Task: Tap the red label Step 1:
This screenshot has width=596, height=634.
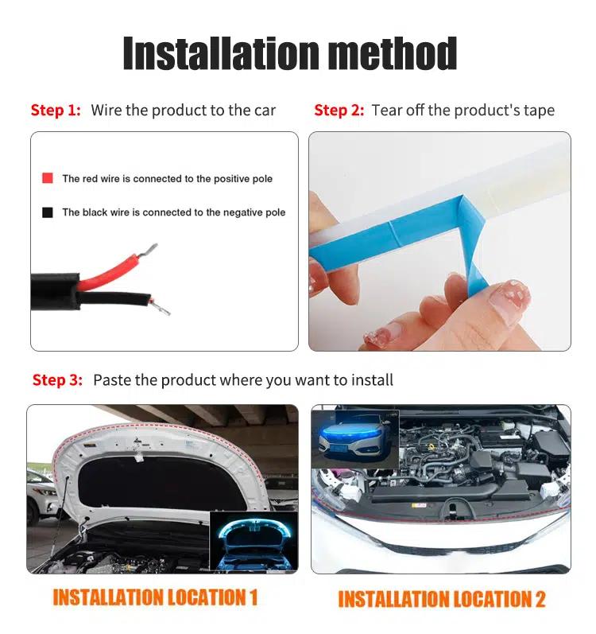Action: coord(56,110)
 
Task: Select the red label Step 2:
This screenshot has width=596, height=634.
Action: coord(339,110)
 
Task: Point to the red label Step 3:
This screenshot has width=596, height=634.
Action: coord(57,379)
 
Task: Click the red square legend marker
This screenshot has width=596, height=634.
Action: coord(48,178)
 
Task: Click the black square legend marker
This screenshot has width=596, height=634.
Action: coord(48,212)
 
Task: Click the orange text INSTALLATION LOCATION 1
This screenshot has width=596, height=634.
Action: coord(155,597)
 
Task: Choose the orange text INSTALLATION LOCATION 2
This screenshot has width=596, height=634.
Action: coord(442,598)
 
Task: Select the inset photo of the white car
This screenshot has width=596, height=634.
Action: coord(355,437)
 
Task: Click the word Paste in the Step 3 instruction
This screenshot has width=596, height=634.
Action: coord(110,379)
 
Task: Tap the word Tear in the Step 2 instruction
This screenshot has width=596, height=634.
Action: coord(386,110)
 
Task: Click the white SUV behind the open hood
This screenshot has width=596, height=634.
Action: coord(41,497)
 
